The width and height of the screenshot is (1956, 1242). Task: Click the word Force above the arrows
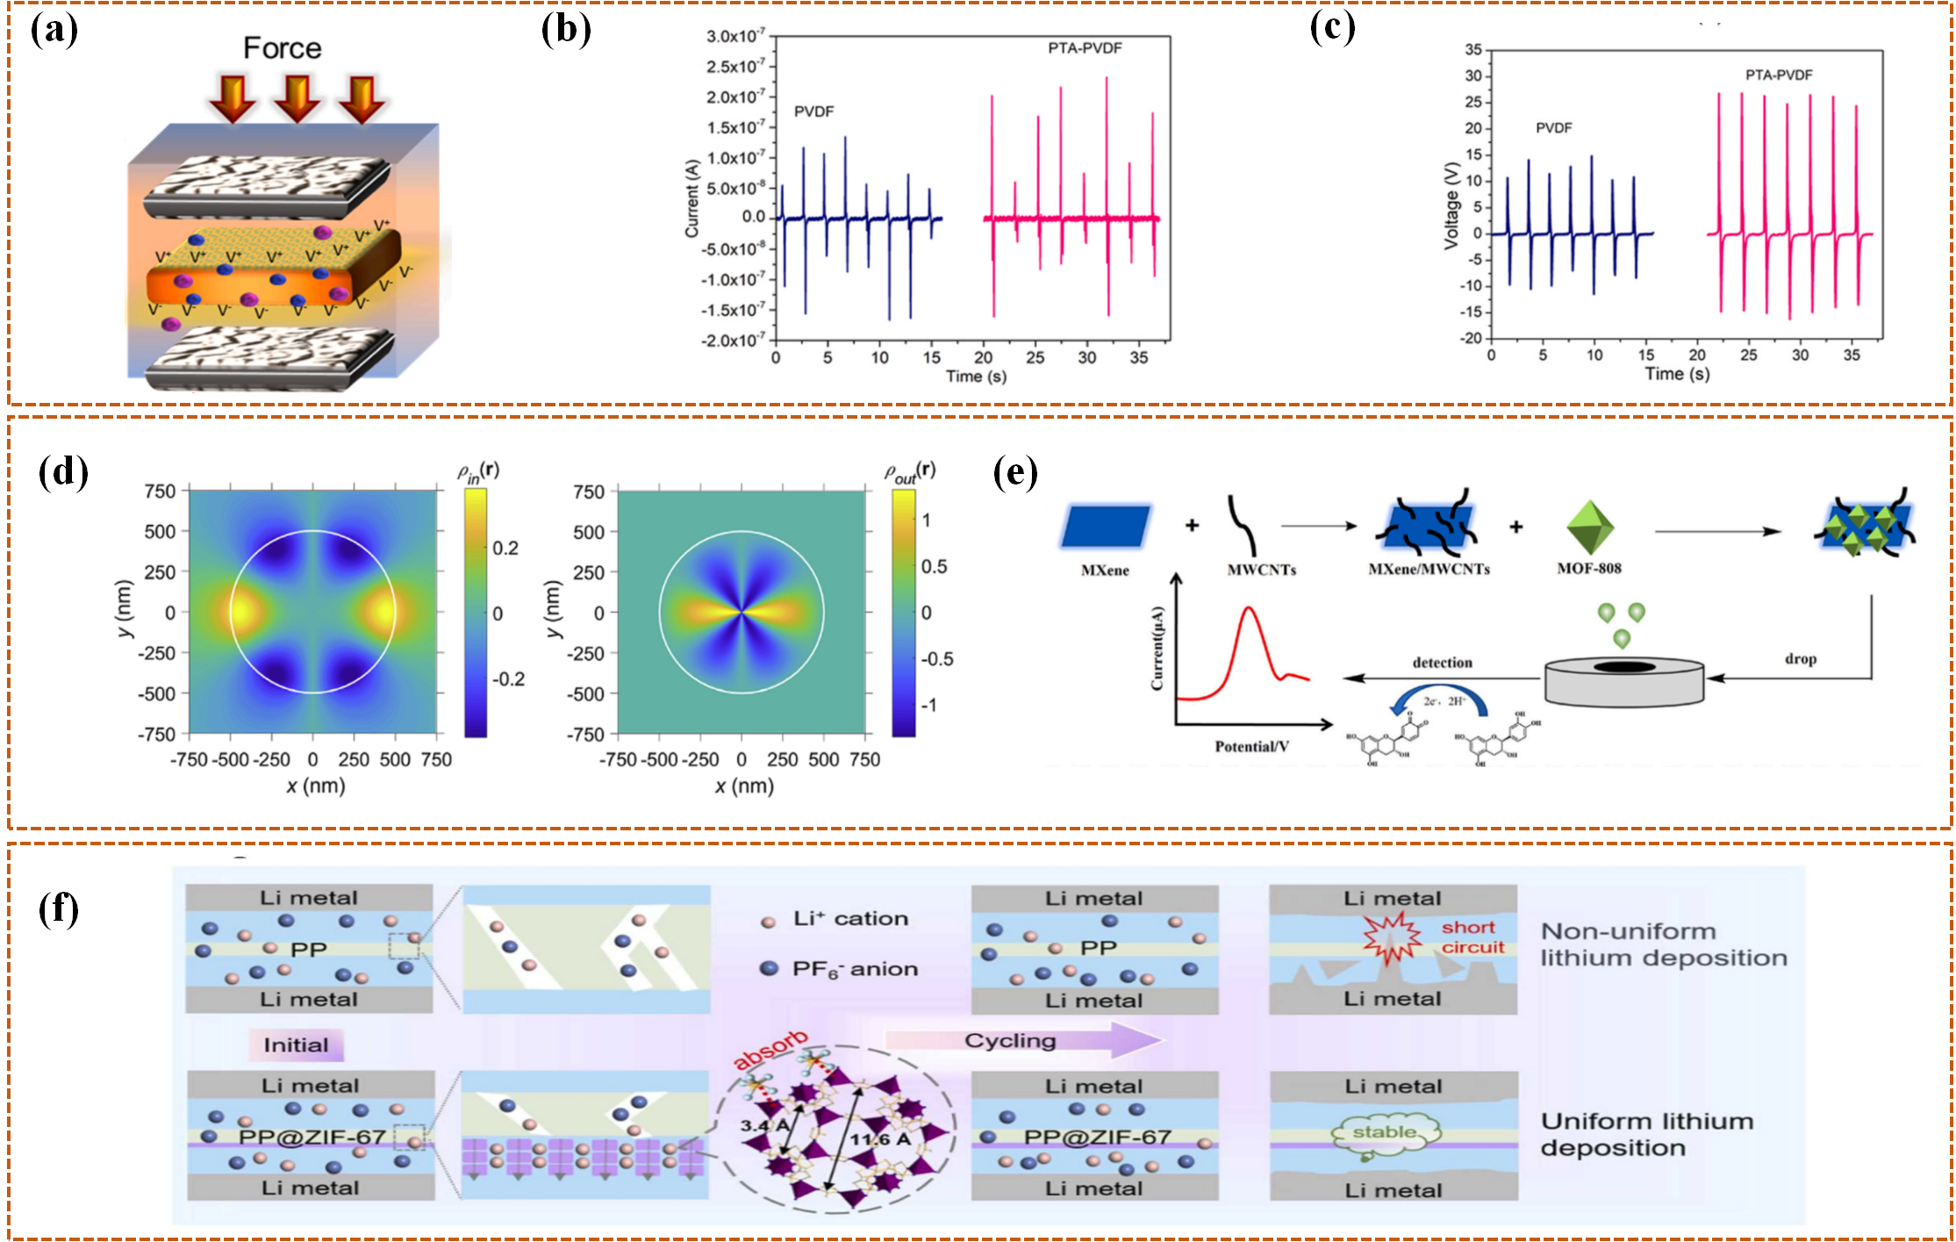pyautogui.click(x=282, y=48)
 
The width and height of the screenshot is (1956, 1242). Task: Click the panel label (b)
pyautogui.click(x=566, y=29)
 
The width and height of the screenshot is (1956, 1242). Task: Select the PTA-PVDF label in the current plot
pyautogui.click(x=1085, y=48)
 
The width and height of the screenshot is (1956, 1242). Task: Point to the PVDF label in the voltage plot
pyautogui.click(x=1553, y=128)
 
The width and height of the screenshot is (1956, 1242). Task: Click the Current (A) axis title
pyautogui.click(x=692, y=198)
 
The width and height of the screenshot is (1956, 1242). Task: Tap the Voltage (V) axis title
pyautogui.click(x=1451, y=205)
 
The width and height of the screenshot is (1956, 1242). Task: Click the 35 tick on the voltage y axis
pyautogui.click(x=1472, y=50)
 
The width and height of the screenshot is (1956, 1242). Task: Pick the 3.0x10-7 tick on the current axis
pyautogui.click(x=735, y=36)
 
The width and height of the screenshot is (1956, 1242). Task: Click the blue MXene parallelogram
pyautogui.click(x=1106, y=527)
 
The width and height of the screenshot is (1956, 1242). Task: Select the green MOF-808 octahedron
pyautogui.click(x=1589, y=527)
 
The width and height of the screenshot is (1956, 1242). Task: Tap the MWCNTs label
pyautogui.click(x=1261, y=570)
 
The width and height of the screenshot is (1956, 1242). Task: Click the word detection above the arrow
pyautogui.click(x=1442, y=663)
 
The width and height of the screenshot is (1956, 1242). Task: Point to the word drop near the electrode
pyautogui.click(x=1800, y=658)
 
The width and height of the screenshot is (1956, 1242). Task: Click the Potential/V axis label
pyautogui.click(x=1251, y=746)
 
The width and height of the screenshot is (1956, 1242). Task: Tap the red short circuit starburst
pyautogui.click(x=1391, y=936)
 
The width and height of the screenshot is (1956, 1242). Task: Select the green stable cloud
pyautogui.click(x=1385, y=1133)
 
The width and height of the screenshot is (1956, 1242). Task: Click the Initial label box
pyautogui.click(x=296, y=1045)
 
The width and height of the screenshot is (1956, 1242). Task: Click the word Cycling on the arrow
pyautogui.click(x=1010, y=1040)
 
